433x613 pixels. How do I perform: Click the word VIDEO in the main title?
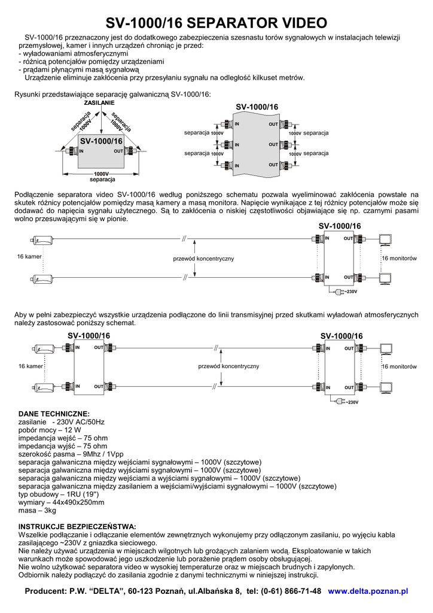(298, 23)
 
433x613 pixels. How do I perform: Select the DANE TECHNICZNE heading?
(54, 414)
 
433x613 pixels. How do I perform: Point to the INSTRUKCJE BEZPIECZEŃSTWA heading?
(77, 526)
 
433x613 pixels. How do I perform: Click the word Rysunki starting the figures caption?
(27, 94)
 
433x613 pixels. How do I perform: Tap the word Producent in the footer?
(45, 591)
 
